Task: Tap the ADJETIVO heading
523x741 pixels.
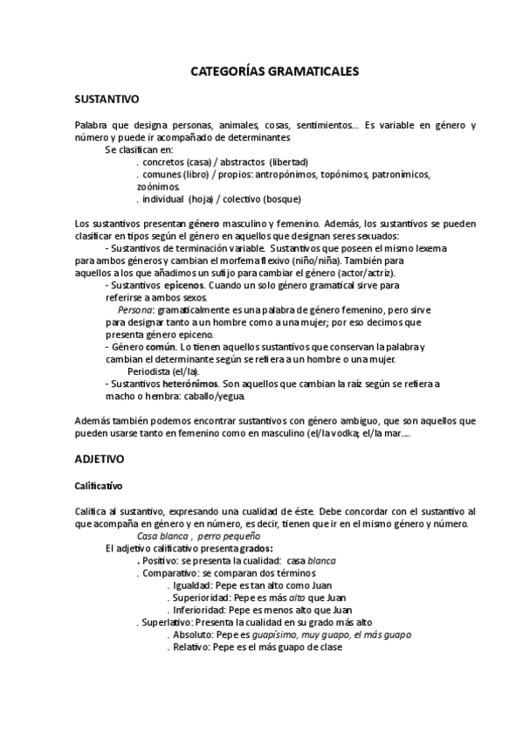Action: click(100, 458)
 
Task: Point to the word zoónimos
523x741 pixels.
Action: click(158, 186)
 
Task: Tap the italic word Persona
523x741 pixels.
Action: click(135, 309)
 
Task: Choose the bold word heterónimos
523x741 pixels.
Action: click(190, 383)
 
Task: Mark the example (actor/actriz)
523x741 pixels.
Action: click(358, 273)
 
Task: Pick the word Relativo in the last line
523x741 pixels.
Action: click(190, 648)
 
